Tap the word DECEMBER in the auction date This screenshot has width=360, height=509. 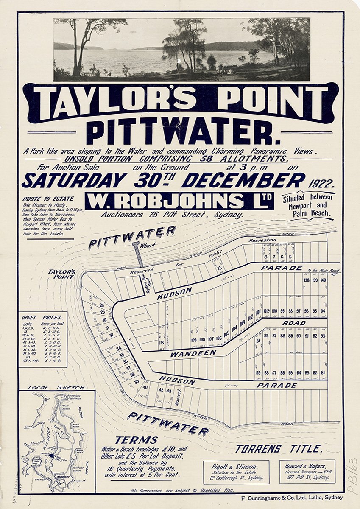click(243, 180)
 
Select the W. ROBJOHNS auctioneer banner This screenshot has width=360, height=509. click(179, 201)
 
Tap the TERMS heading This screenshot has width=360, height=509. click(136, 440)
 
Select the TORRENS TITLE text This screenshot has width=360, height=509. click(279, 448)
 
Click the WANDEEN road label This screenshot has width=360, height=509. click(193, 353)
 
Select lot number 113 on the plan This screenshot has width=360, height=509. click(161, 342)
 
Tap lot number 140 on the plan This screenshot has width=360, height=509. click(323, 280)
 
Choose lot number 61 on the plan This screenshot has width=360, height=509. click(323, 372)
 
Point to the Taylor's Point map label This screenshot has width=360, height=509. click(61, 274)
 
